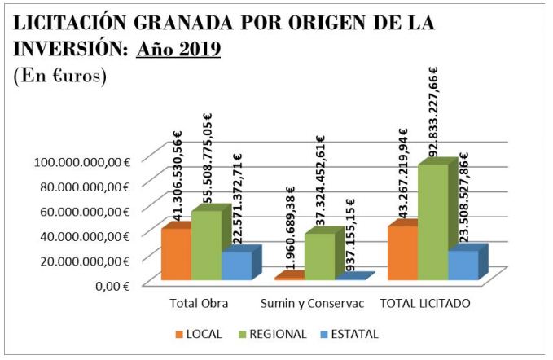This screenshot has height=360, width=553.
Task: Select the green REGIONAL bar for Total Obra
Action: click(206, 245)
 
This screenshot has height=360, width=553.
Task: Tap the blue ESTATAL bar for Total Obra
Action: click(236, 266)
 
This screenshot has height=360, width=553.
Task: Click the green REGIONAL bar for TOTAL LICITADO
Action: click(432, 222)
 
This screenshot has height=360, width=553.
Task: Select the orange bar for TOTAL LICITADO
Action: click(402, 253)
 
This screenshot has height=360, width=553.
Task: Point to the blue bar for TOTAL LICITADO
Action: click(463, 266)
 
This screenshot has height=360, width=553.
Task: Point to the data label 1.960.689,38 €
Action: click(291, 230)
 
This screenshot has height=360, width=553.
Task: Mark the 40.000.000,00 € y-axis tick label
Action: click(84, 235)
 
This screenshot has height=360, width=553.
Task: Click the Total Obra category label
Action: click(198, 304)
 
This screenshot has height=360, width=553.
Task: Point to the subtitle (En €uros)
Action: click(60, 76)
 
